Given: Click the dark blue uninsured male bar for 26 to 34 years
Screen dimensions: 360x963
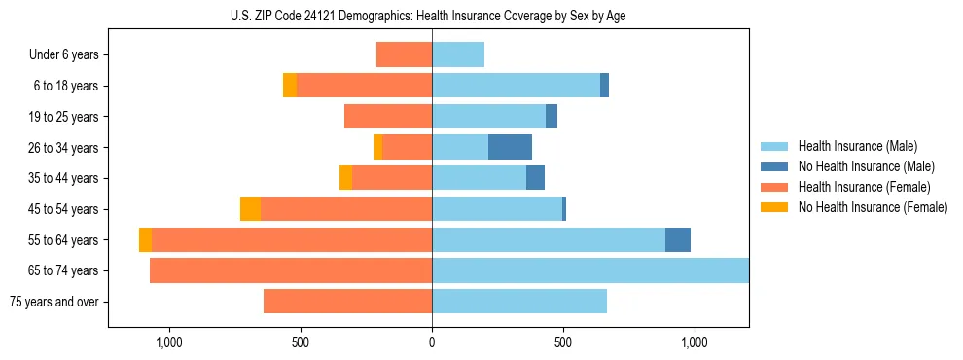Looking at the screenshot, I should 510,148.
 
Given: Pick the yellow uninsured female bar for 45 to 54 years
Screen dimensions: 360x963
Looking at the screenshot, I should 250,209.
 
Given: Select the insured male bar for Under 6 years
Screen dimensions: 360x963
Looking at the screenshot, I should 458,55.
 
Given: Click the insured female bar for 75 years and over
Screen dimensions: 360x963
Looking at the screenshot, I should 347,302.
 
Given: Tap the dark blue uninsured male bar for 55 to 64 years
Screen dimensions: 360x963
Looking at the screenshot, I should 678,240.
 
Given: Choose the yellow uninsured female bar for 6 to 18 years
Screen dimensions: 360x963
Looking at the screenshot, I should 290,86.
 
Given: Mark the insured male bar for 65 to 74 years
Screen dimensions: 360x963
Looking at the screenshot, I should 590,270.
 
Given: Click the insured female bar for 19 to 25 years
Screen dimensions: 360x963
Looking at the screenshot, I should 388,117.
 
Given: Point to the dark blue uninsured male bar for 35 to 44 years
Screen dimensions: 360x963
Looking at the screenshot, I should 535,178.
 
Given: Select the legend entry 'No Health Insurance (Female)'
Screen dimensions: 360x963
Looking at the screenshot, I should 873,207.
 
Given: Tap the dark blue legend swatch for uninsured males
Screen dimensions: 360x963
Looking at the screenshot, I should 774,166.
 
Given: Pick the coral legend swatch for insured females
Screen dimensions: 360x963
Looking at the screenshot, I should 774,187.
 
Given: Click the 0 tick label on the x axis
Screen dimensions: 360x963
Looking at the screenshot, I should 432,342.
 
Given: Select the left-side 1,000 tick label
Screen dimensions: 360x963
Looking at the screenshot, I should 169,342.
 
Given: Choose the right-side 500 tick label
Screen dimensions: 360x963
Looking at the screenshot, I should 563,342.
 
